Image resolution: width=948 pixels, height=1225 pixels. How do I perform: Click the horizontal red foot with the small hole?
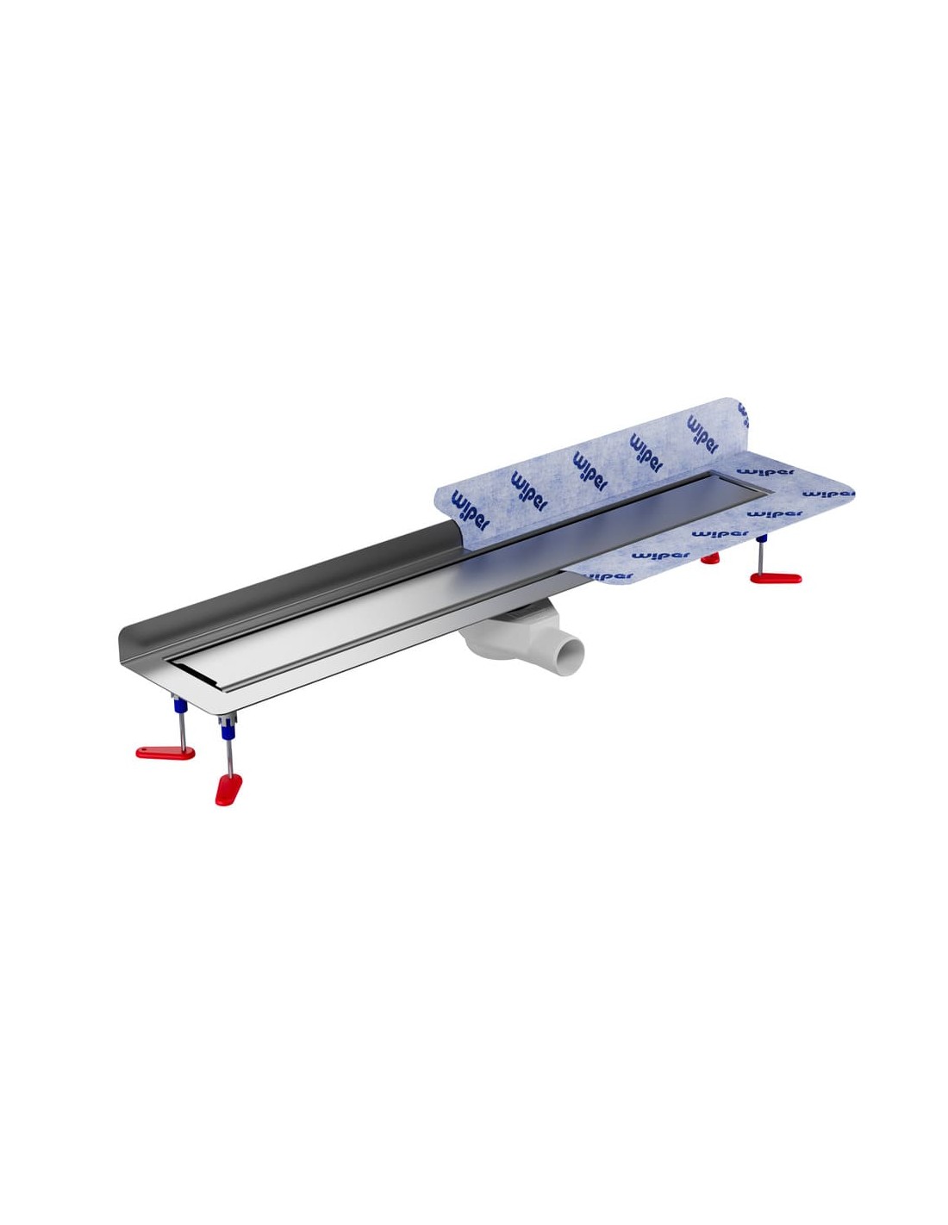pos(165,752)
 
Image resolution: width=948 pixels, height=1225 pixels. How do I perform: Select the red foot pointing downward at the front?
pos(228,789)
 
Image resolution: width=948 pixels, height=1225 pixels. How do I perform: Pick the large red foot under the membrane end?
pos(776,578)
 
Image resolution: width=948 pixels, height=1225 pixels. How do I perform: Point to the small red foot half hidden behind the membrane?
pos(710,559)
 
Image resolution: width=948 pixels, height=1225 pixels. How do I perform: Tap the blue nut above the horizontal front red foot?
pos(180,706)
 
